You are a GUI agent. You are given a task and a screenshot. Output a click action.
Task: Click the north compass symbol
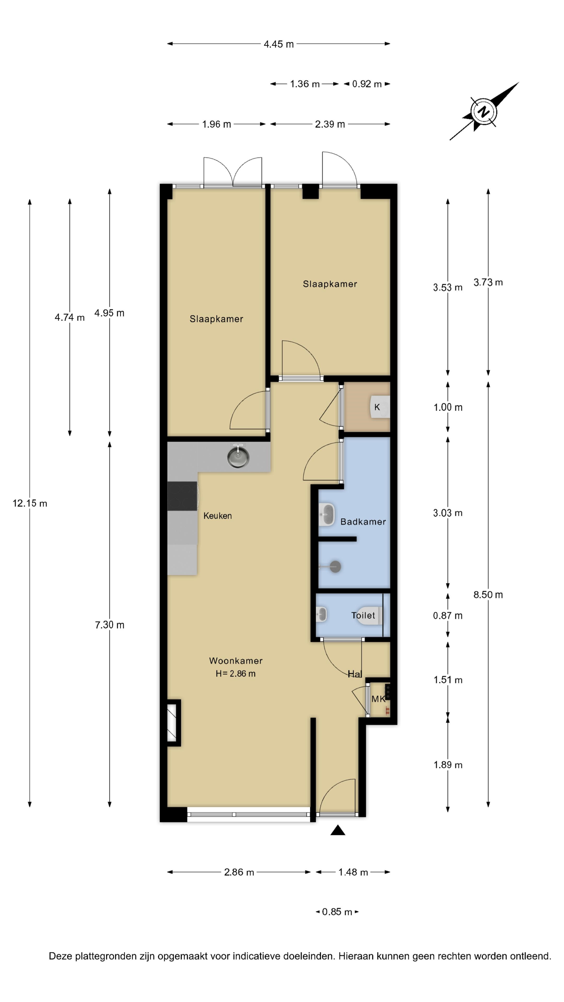[483, 112]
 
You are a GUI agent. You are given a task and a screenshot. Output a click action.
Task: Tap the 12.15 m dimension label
[30, 503]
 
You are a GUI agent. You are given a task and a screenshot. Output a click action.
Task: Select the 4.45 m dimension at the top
[279, 44]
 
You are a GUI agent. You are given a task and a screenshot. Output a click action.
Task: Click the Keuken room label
[218, 516]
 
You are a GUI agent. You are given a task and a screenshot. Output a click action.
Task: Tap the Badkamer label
[363, 522]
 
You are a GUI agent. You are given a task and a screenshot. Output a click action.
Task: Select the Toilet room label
[363, 615]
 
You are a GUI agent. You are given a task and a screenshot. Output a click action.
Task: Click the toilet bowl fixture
[369, 615]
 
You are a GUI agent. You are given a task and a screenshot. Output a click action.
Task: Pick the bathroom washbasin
[327, 515]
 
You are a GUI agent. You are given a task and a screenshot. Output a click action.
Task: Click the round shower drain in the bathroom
[336, 567]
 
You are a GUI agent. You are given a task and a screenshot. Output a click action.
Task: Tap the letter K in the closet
[377, 407]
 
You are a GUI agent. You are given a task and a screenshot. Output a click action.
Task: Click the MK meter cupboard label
[378, 699]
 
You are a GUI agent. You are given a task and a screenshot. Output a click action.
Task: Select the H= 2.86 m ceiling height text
[236, 674]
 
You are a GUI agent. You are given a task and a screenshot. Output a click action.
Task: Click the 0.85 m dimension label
[337, 912]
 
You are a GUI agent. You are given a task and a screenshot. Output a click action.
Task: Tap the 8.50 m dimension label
[488, 595]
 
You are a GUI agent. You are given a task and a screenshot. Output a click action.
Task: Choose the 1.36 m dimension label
[305, 84]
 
